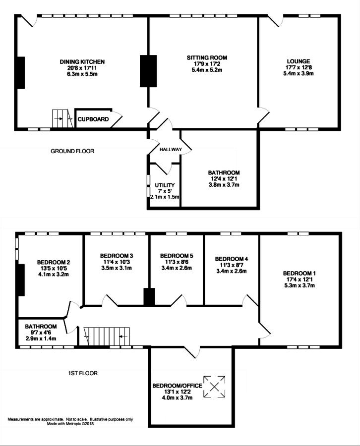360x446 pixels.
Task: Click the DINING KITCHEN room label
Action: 82,62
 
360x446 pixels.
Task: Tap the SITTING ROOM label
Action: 207,58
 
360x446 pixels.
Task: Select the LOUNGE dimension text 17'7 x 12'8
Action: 298,67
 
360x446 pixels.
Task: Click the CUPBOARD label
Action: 93,119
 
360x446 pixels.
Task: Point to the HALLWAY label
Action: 171,149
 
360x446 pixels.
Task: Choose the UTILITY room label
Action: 165,185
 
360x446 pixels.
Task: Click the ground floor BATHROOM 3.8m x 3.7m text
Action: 224,185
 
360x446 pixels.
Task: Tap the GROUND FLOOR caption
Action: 72,151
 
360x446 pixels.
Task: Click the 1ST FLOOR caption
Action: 82,373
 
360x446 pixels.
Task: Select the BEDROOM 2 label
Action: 54,262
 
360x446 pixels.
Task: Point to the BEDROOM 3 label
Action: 117,256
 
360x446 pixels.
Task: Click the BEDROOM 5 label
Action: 177,256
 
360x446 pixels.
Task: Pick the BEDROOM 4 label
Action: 232,259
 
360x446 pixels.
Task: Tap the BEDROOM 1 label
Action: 300,274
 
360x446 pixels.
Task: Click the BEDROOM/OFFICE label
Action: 178,386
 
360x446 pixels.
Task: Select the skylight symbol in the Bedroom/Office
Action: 214,387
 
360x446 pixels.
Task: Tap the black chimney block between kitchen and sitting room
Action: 148,71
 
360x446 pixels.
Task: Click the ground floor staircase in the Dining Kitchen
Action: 62,118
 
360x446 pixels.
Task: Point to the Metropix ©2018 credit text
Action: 70,424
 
